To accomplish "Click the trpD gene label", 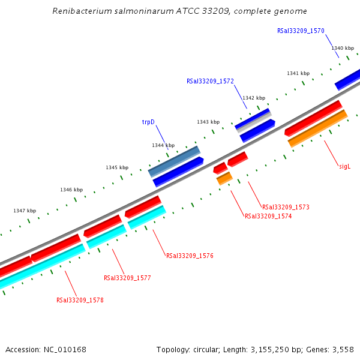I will point(148,122).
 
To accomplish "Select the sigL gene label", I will point(344,166).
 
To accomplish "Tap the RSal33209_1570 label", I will point(301,31).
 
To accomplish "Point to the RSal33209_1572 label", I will point(210,80).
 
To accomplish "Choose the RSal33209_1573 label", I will point(286,207).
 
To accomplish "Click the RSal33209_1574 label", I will point(268,216).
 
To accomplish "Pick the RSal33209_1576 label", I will point(190,256).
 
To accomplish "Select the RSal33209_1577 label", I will point(127,278).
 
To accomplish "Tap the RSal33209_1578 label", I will point(80,300).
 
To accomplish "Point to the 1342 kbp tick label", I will point(253,98).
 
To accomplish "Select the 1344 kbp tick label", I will point(163,145).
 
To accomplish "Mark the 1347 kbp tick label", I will point(25,211).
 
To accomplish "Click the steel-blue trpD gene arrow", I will point(174,161).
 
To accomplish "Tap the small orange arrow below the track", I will point(224,178).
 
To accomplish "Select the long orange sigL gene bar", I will point(317,128).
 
